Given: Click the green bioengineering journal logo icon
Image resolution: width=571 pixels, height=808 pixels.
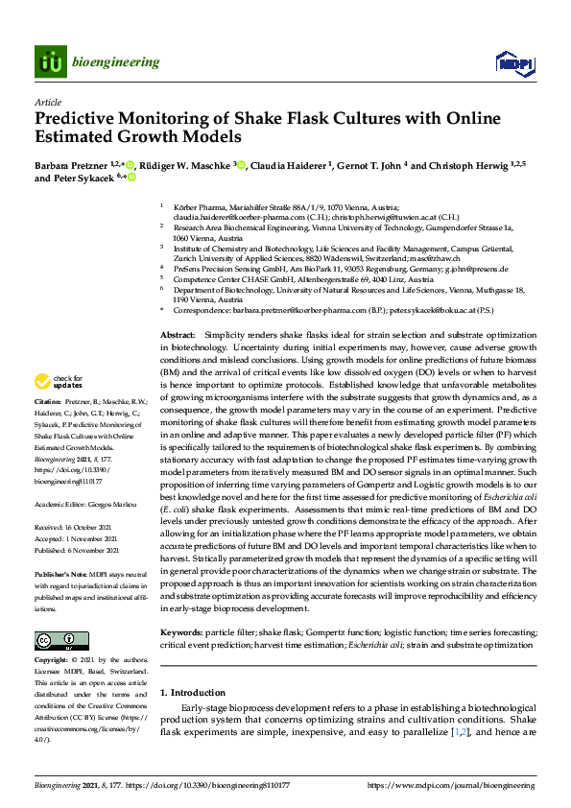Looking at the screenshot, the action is pyautogui.click(x=51, y=61).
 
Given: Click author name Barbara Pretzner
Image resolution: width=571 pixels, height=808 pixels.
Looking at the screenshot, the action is pyautogui.click(x=73, y=164).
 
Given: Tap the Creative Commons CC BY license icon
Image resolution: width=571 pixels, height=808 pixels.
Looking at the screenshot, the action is pyautogui.click(x=56, y=641).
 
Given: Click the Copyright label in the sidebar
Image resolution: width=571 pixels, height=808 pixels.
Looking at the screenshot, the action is pyautogui.click(x=52, y=661).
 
